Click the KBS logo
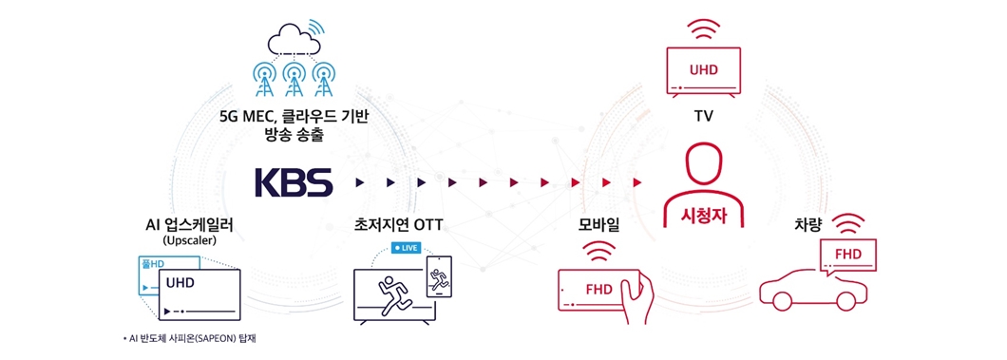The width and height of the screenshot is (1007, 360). [294, 181]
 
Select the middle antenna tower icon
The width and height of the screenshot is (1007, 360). [293, 79]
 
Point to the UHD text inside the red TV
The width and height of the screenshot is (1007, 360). [704, 69]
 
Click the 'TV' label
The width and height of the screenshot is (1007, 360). [704, 117]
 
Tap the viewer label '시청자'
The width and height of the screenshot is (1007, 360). [704, 214]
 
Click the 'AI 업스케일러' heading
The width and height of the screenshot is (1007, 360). [183, 225]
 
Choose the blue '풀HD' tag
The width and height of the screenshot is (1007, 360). [153, 263]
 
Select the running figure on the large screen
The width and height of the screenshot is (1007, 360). [390, 292]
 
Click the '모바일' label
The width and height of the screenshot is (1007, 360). [599, 225]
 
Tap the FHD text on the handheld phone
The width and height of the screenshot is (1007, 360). [598, 289]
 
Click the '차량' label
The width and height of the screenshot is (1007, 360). [809, 225]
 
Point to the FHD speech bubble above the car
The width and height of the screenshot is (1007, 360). [847, 256]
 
